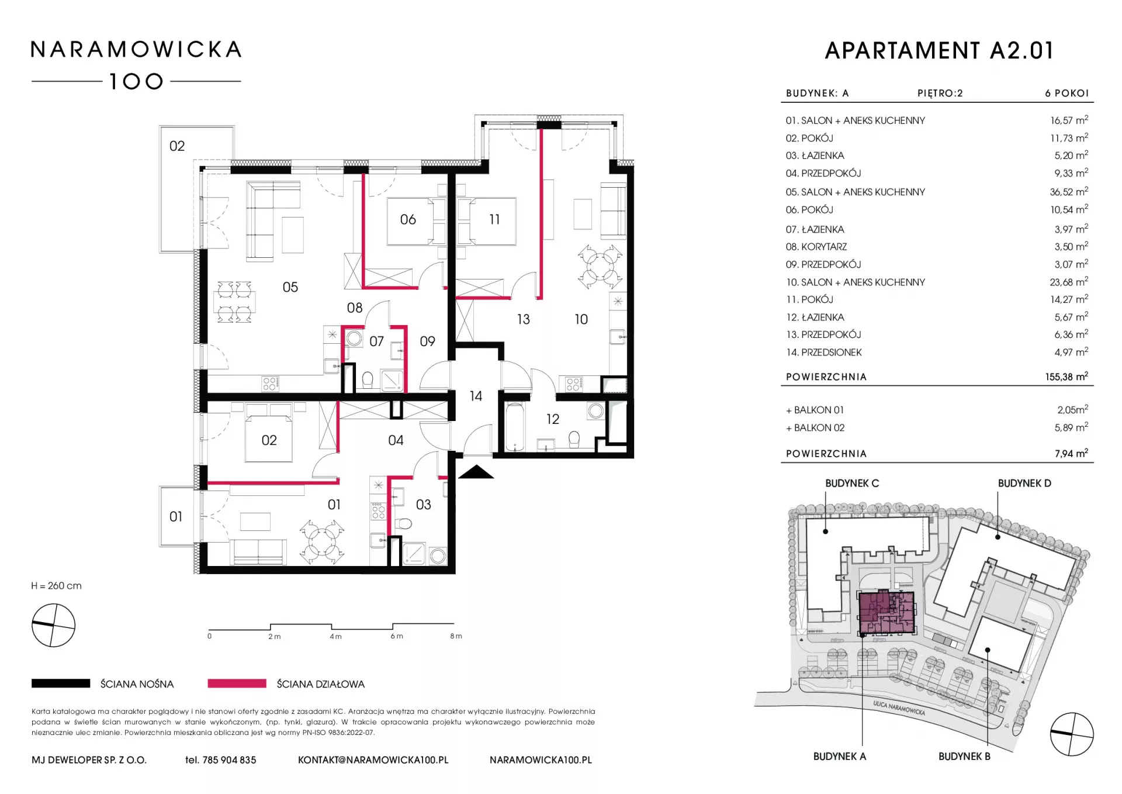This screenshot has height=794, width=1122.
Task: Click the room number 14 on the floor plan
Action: pyautogui.click(x=476, y=396)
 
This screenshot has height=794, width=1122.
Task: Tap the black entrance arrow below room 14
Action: pyautogui.click(x=476, y=472)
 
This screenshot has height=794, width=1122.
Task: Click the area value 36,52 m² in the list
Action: pyautogui.click(x=1069, y=192)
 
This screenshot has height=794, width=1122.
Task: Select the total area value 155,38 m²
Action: pyautogui.click(x=1066, y=377)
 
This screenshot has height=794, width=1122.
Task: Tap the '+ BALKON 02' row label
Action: pyautogui.click(x=815, y=428)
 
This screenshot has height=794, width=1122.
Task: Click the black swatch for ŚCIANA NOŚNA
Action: pyautogui.click(x=61, y=683)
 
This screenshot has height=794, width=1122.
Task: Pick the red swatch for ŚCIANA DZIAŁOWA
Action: pyautogui.click(x=237, y=683)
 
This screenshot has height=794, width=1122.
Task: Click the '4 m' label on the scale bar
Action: pyautogui.click(x=335, y=636)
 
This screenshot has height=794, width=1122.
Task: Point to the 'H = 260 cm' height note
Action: pyautogui.click(x=57, y=586)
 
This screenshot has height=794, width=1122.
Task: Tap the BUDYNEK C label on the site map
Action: pyautogui.click(x=852, y=484)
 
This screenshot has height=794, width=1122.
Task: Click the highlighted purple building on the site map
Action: pyautogui.click(x=886, y=613)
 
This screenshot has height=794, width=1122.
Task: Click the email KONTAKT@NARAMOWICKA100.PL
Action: pyautogui.click(x=373, y=760)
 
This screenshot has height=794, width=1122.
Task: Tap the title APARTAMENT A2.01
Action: pyautogui.click(x=940, y=51)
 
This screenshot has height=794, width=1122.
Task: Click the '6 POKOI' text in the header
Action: pyautogui.click(x=1067, y=94)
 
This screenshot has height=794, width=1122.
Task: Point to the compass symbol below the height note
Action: pyautogui.click(x=53, y=626)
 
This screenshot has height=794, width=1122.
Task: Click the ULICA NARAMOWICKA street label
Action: pyautogui.click(x=899, y=708)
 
